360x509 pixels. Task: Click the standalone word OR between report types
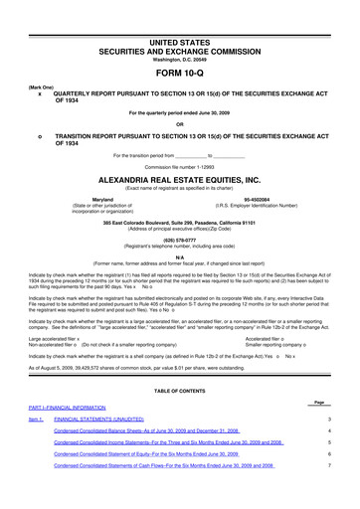point(180,124)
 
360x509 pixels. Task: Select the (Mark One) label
point(19,73)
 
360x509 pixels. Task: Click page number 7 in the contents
point(343,494)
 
